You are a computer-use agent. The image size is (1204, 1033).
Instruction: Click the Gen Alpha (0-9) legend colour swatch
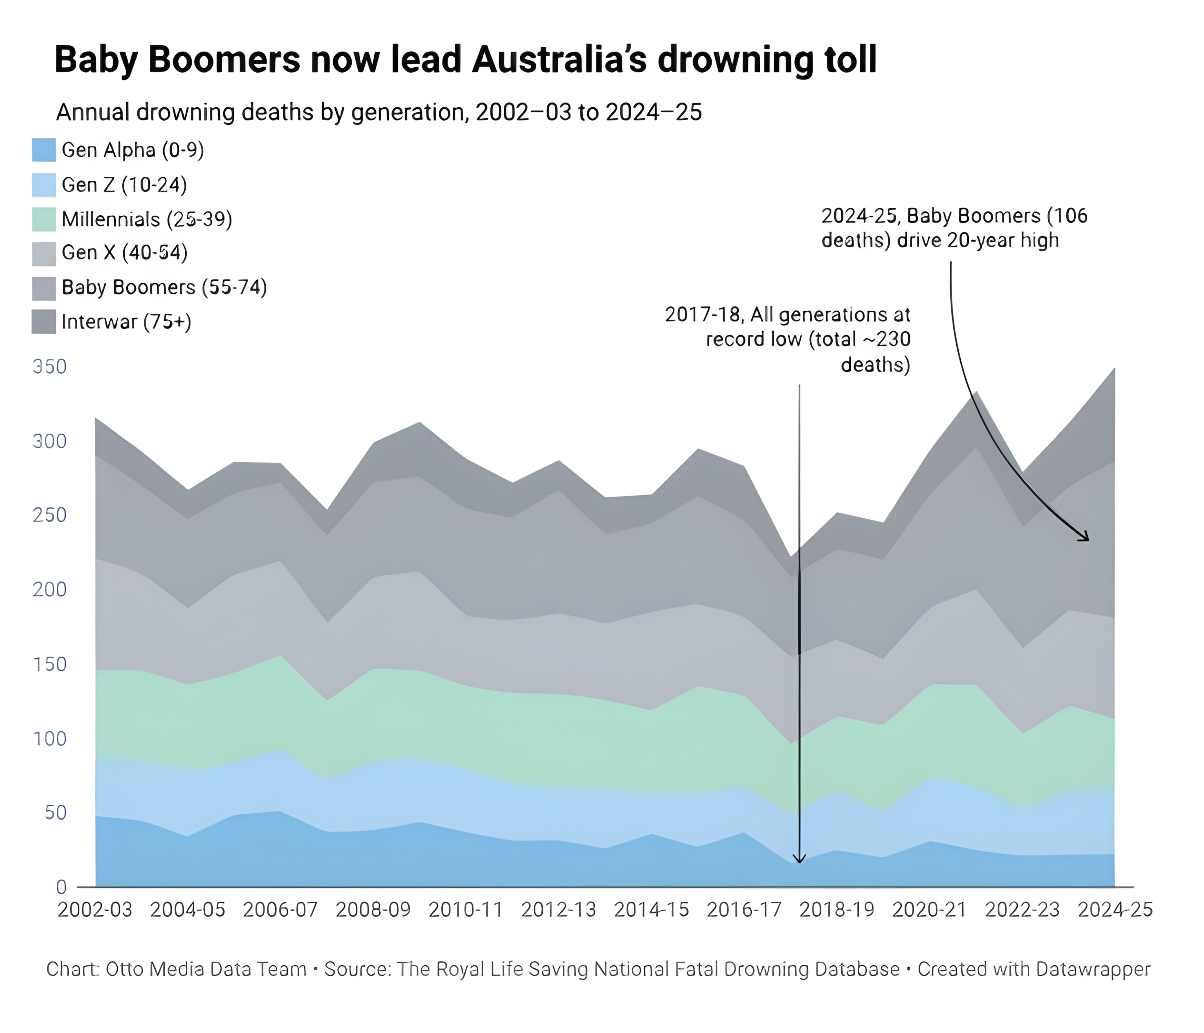coord(44,150)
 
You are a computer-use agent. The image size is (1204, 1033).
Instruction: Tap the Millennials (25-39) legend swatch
coord(44,219)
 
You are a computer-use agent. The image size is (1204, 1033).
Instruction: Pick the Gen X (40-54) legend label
coord(124,252)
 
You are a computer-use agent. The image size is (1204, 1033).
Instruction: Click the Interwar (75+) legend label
coord(126,322)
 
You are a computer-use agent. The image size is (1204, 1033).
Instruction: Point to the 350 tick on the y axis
coord(50,366)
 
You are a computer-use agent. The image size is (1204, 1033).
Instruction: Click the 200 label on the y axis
coord(50,589)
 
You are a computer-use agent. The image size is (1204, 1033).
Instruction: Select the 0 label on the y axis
coord(61,887)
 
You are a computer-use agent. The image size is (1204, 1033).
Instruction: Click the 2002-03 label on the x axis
coord(95,909)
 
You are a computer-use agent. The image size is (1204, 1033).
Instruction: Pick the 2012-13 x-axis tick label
coord(558,909)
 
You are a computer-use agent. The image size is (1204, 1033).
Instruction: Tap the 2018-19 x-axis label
coord(837,909)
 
